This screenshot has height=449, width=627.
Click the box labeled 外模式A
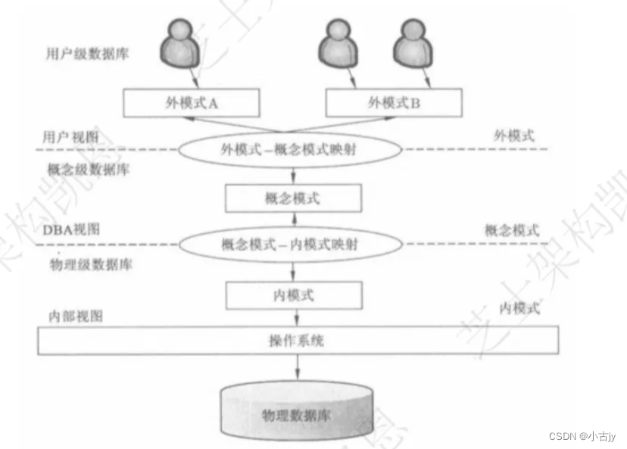[192, 103]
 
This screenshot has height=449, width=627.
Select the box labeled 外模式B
[393, 103]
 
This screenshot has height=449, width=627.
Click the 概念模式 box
[293, 198]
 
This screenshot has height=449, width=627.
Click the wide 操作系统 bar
[298, 340]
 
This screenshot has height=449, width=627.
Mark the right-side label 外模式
[513, 136]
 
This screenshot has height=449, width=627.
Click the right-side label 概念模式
[512, 230]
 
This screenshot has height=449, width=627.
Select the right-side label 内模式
[519, 307]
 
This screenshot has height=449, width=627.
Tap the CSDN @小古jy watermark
[584, 436]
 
